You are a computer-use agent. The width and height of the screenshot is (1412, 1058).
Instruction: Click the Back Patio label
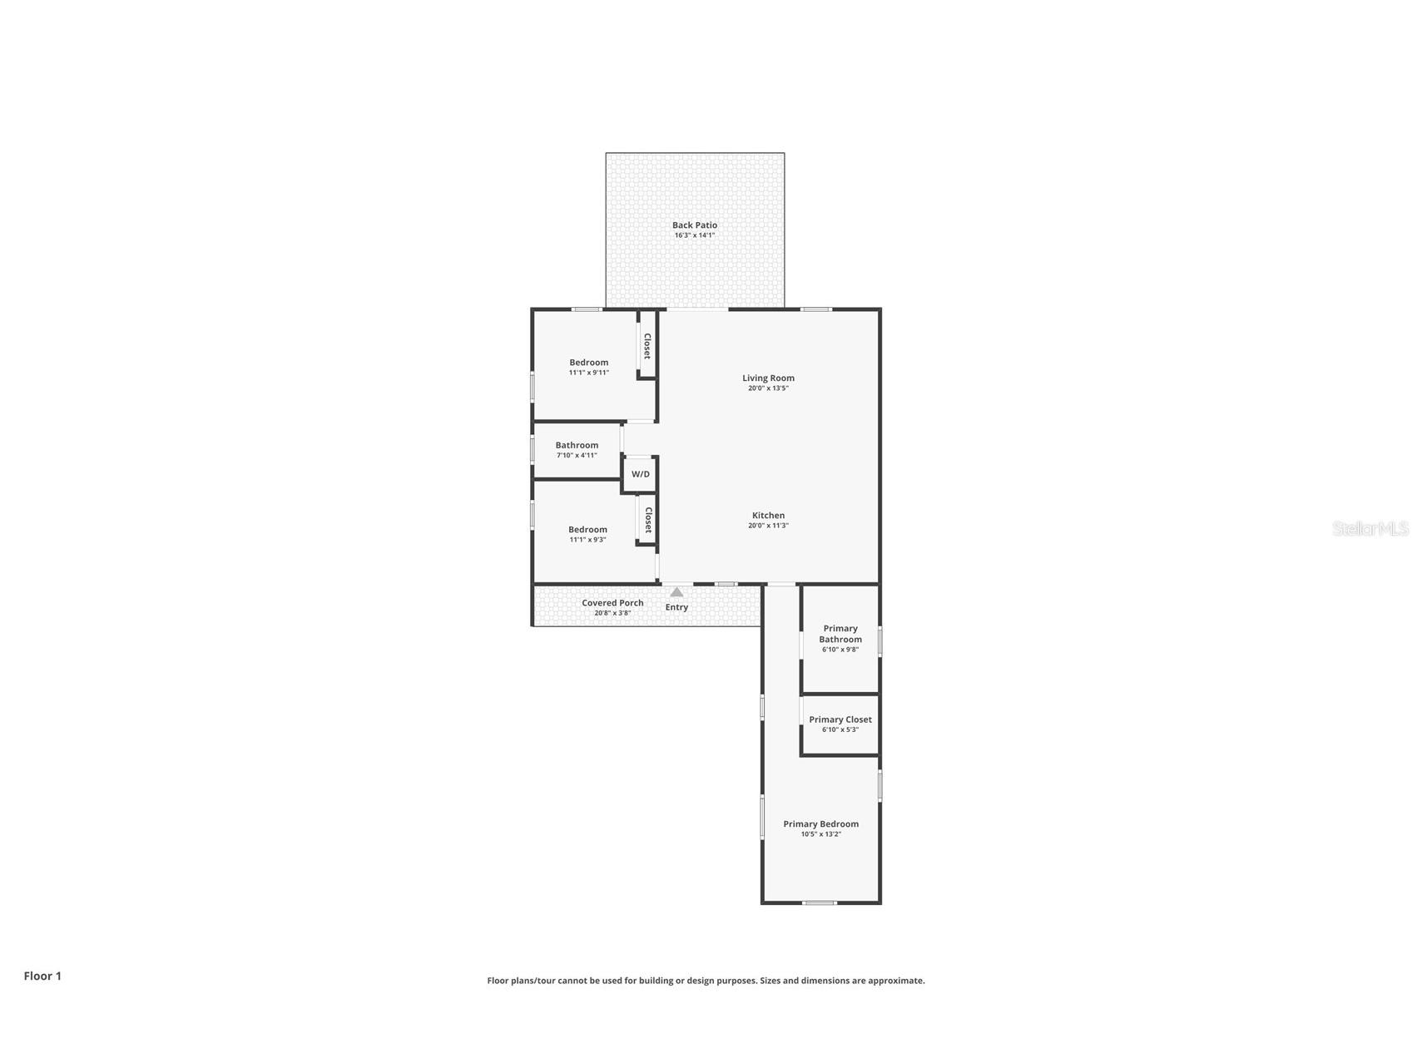point(694,225)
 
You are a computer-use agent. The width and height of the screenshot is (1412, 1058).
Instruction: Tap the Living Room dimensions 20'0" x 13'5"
point(768,388)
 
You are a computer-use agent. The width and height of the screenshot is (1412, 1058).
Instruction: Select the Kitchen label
point(768,515)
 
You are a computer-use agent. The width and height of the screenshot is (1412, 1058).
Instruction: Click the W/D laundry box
point(640,475)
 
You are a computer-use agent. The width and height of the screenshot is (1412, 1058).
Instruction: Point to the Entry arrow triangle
point(676,592)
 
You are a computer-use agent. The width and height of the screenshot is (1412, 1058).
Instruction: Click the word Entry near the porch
point(676,607)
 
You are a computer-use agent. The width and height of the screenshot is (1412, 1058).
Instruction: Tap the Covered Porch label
point(612,603)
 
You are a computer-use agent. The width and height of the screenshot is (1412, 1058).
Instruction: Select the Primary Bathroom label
point(840,634)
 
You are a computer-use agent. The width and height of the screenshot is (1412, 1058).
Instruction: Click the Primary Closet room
point(840,724)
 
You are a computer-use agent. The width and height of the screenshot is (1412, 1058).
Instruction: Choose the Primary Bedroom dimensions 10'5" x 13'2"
point(820,834)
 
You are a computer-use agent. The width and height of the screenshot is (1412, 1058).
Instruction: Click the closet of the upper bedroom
point(647,345)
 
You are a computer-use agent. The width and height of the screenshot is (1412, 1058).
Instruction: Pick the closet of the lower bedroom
point(647,520)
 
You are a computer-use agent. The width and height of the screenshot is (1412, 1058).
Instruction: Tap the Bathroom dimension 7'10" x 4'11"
point(577,456)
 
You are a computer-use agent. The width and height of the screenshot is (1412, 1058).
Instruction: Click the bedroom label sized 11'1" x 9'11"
point(588,363)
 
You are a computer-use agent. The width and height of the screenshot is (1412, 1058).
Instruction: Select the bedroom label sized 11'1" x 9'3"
point(587,530)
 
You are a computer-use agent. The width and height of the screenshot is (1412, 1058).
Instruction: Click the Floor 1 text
point(42,976)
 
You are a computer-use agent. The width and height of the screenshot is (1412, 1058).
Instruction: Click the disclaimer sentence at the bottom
point(706,981)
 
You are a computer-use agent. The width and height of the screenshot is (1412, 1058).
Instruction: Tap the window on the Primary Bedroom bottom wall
point(820,902)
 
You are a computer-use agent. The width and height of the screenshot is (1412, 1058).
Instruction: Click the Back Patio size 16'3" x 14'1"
point(694,235)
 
